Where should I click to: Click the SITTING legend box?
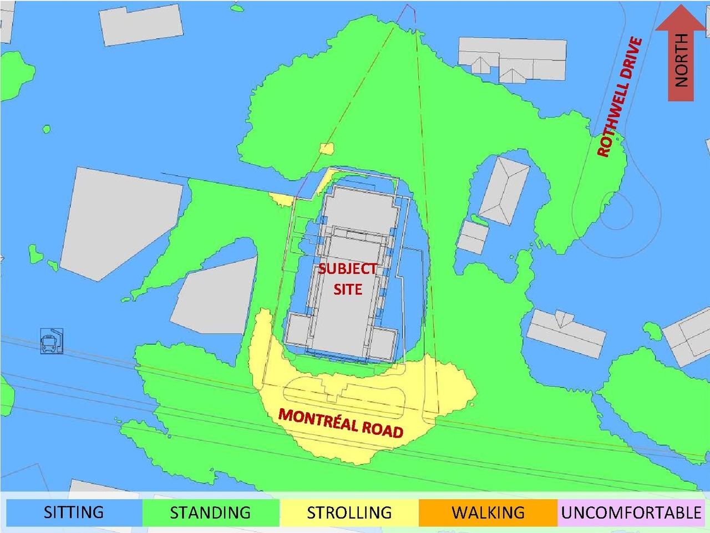click(73, 512)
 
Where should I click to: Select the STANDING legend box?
click(211, 512)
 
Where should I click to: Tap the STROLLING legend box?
click(349, 512)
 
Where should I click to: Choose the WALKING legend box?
click(488, 512)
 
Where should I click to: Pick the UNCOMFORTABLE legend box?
click(631, 512)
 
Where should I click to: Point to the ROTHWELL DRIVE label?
click(620, 98)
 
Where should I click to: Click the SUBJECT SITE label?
click(348, 279)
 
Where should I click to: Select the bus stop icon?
click(52, 341)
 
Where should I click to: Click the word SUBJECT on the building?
click(348, 269)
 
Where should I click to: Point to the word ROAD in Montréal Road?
click(383, 428)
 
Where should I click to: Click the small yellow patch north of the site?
click(327, 149)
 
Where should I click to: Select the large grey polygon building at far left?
click(119, 219)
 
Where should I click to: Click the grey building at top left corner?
click(141, 25)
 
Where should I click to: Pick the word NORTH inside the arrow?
click(681, 60)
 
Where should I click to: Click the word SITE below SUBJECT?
click(348, 289)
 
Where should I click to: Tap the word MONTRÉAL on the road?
click(318, 419)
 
